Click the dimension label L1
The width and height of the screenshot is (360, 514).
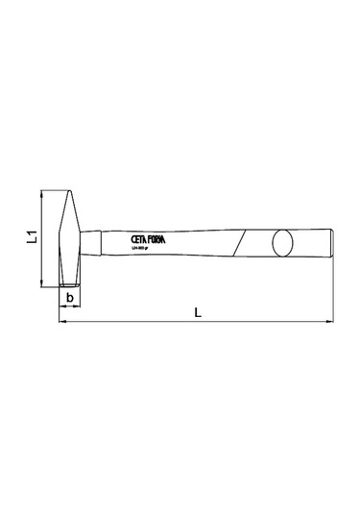[31, 236]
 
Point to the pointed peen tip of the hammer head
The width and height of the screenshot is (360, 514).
[70, 192]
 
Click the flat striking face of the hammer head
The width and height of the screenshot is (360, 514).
[70, 284]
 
